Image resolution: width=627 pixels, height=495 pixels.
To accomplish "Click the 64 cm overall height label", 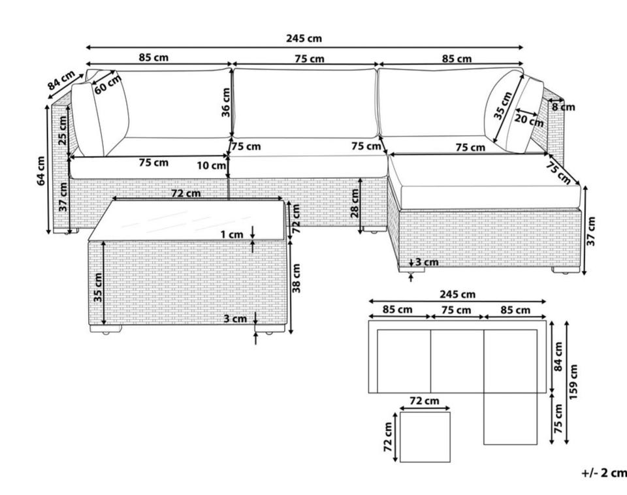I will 41,170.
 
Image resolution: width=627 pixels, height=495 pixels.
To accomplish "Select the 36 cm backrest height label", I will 225,103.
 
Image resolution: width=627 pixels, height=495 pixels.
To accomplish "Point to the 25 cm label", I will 63,131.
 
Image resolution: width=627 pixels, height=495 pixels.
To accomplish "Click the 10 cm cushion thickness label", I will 212,166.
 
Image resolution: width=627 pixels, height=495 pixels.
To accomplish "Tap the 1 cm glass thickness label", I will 232,234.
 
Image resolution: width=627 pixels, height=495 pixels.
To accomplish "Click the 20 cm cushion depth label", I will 528,120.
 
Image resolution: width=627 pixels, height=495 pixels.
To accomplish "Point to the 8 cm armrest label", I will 562,106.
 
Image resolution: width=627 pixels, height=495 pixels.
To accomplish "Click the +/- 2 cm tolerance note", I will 603,472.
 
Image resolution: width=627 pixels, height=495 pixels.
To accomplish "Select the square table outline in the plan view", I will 425,437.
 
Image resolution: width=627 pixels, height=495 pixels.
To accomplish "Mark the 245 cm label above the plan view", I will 457,295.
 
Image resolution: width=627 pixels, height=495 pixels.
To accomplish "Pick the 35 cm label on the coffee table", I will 97,287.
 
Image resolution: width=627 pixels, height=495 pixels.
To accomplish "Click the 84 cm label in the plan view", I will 558,356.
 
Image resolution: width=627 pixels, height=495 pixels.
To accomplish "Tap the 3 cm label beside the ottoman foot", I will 426,263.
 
